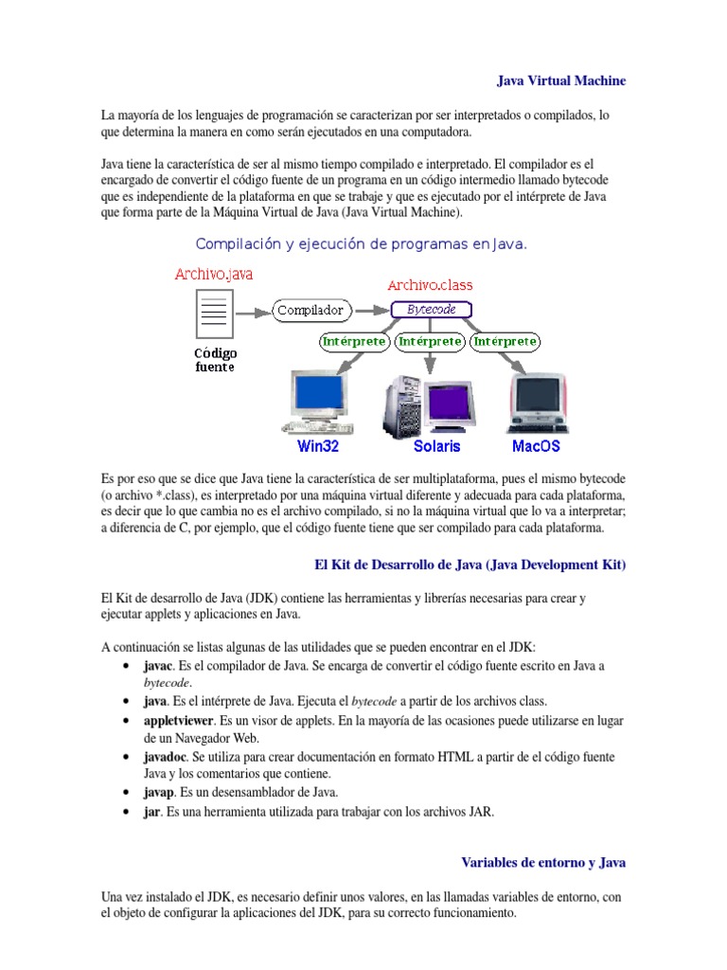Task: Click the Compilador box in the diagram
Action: click(311, 310)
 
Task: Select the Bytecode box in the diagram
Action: click(431, 310)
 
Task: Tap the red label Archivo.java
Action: click(213, 275)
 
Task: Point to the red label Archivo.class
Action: click(430, 284)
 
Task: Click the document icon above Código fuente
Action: click(214, 314)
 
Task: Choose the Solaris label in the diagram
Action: click(436, 445)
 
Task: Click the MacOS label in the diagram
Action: click(536, 445)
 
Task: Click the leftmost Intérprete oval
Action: click(354, 341)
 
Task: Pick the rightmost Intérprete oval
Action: click(505, 341)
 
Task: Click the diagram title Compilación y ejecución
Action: click(361, 244)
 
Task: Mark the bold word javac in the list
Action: click(158, 666)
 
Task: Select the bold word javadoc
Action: click(166, 758)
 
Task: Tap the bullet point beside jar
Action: click(126, 813)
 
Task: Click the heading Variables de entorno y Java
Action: click(543, 863)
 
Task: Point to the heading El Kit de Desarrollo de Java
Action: click(470, 565)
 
